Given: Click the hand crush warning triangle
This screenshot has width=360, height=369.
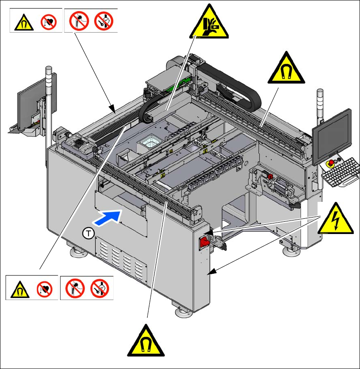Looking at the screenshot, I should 209,23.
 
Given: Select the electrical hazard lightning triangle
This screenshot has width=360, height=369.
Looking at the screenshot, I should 335,218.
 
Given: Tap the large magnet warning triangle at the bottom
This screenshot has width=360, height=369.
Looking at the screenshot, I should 146,342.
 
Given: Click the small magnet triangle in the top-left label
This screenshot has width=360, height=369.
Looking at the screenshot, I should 22,22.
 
